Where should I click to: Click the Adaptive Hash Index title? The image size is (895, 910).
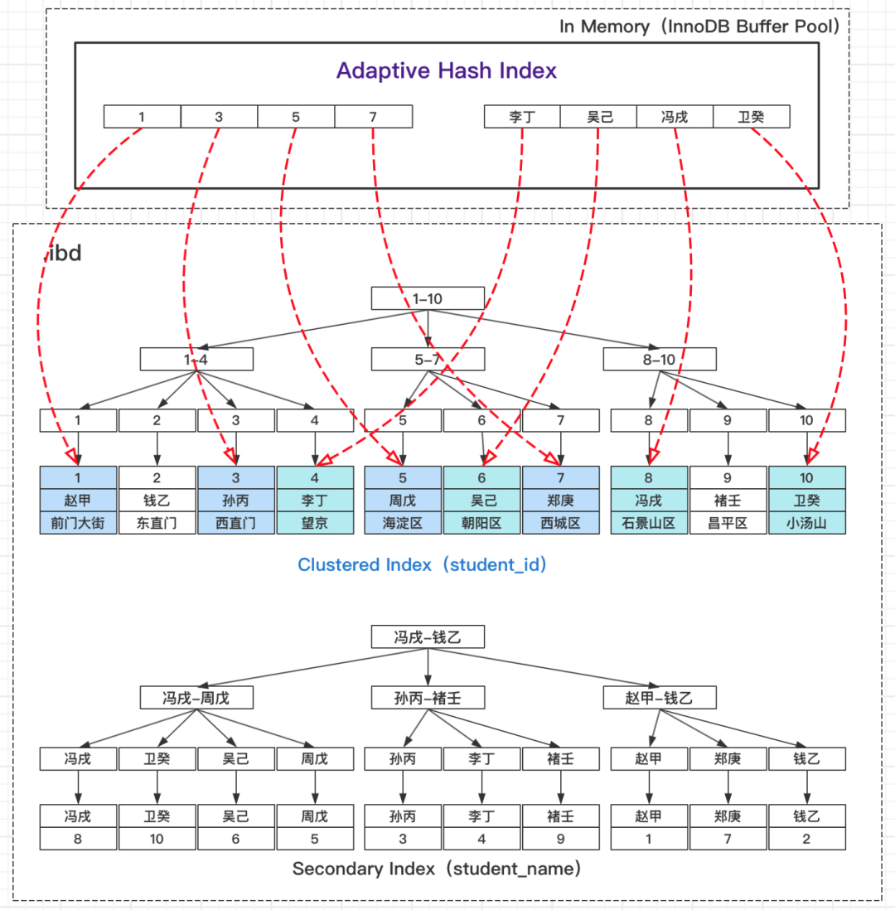click(x=447, y=70)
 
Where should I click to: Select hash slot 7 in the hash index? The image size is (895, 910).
click(x=373, y=117)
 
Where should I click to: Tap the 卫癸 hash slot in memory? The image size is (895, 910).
click(x=751, y=117)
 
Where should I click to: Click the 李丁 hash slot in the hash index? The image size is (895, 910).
click(x=522, y=117)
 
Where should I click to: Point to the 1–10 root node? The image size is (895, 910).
click(x=428, y=298)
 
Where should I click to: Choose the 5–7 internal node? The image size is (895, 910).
click(x=428, y=359)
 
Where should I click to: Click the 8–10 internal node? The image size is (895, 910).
click(x=660, y=359)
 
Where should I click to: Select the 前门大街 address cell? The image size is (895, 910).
click(x=78, y=523)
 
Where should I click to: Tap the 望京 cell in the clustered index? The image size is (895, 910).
click(x=315, y=523)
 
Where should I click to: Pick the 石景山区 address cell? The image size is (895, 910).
click(x=649, y=523)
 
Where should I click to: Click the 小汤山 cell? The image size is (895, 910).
click(x=806, y=523)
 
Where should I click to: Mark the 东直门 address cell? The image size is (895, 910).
click(x=157, y=523)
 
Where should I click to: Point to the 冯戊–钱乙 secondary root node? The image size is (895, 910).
click(x=428, y=637)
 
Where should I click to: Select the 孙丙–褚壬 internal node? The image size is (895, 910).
click(x=428, y=698)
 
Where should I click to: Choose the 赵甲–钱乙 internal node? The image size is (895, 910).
click(x=660, y=698)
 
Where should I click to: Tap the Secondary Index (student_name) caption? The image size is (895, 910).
click(x=437, y=869)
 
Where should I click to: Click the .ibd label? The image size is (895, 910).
click(x=63, y=254)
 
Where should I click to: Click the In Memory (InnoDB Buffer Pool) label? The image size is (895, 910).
click(x=701, y=26)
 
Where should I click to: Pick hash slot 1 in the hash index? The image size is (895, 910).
click(x=142, y=117)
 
